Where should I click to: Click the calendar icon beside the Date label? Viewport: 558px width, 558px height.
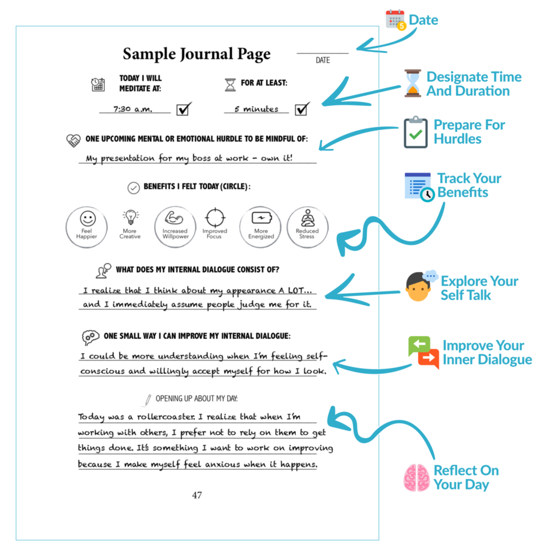pos(396,20)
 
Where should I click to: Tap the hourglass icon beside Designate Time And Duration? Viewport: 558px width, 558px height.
pos(413,83)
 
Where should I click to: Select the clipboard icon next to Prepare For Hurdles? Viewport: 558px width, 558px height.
pos(416,132)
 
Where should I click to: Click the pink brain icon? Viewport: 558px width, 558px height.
pos(417,477)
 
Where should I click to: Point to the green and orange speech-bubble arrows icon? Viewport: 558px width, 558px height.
pos(423,353)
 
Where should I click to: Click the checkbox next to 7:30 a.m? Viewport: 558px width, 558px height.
pos(184,109)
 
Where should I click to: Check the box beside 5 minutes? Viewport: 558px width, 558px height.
pos(302,109)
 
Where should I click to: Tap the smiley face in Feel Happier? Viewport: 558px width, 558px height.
pos(87,219)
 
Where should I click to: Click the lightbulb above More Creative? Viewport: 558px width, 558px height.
pos(130,217)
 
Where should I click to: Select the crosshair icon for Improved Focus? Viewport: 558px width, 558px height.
pos(215,217)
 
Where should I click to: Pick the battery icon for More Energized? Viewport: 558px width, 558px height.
pos(260,219)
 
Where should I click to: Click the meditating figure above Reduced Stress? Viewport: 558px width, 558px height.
pos(307,219)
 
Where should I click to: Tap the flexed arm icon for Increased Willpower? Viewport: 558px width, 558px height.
pos(174,218)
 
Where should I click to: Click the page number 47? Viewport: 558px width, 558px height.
pos(197,495)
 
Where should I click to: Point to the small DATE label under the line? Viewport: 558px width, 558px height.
pos(323,60)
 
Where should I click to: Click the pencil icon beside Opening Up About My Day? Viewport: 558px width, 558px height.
pos(147,400)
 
